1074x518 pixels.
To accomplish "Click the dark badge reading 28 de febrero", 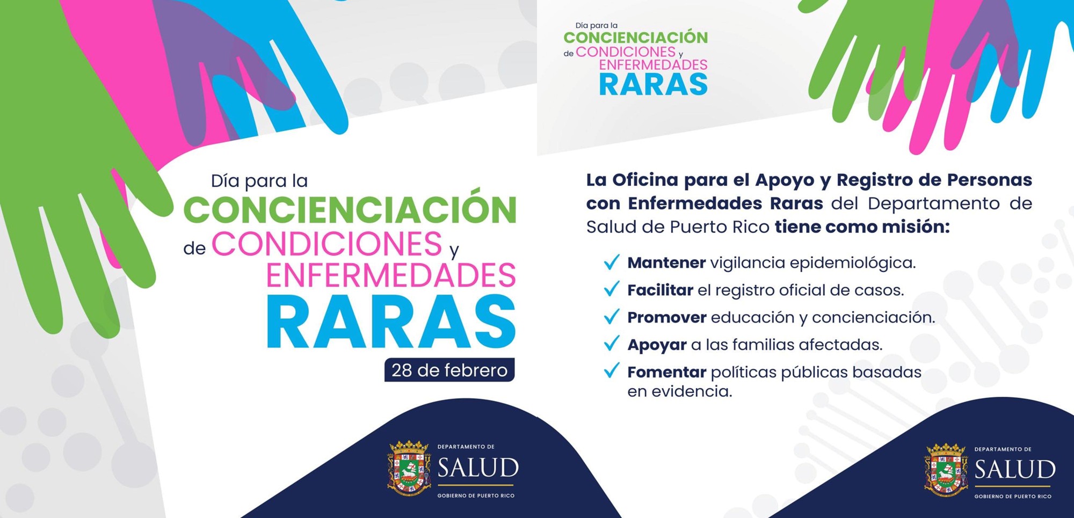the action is pyautogui.click(x=449, y=370).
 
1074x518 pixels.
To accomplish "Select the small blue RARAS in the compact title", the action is pyautogui.click(x=654, y=85).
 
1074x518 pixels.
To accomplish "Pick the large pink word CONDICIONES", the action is pyautogui.click(x=326, y=244).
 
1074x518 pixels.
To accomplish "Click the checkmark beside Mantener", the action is pyautogui.click(x=612, y=262).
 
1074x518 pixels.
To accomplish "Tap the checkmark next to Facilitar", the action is pyautogui.click(x=612, y=289).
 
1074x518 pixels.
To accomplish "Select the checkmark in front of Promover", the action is pyautogui.click(x=612, y=317).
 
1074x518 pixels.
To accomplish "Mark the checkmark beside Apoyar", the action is pyautogui.click(x=612, y=344).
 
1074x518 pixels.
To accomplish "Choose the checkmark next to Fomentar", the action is pyautogui.click(x=612, y=371).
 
